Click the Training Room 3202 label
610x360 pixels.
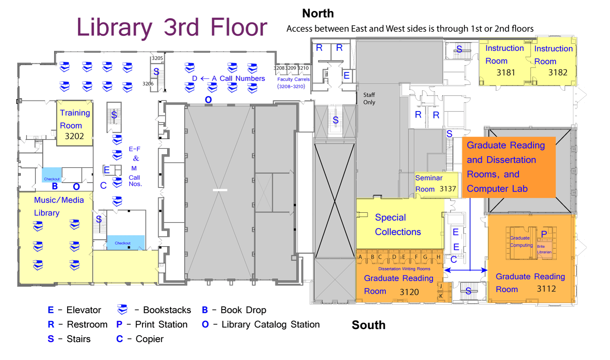(74, 124)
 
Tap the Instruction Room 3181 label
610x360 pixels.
(505, 60)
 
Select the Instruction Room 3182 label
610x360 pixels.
(553, 61)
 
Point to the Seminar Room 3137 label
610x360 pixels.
(436, 183)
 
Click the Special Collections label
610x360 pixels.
(398, 225)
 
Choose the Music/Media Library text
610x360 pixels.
(59, 206)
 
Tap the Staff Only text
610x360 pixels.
(369, 98)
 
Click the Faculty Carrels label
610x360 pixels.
(293, 80)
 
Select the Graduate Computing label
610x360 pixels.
(521, 242)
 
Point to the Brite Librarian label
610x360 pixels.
(544, 249)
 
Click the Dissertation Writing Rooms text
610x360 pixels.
(404, 269)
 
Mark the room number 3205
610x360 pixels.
(157, 58)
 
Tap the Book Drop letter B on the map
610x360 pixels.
(55, 186)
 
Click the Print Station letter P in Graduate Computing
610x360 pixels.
(544, 234)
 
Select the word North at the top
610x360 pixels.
(318, 13)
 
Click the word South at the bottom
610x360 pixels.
(368, 325)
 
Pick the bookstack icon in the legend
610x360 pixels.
(122, 310)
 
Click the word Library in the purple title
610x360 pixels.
(114, 28)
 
